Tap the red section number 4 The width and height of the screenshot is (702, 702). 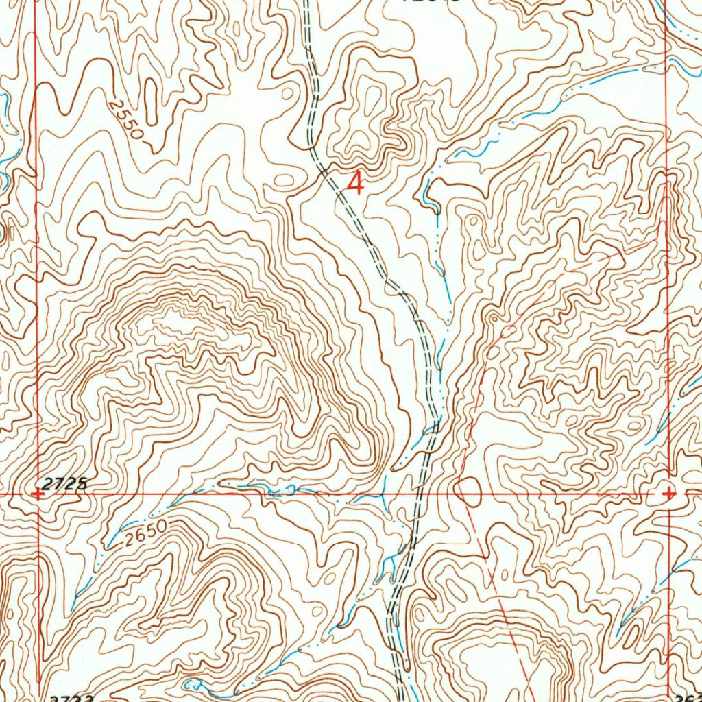355,184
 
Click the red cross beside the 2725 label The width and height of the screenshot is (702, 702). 38,493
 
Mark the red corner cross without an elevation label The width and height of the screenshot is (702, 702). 668,493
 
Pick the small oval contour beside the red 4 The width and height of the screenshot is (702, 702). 284,180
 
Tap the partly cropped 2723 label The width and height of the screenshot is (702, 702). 72,697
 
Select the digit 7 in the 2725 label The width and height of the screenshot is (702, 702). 60,484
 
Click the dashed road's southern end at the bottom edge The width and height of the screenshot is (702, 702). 402,698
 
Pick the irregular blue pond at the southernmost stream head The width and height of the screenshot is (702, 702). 192,684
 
